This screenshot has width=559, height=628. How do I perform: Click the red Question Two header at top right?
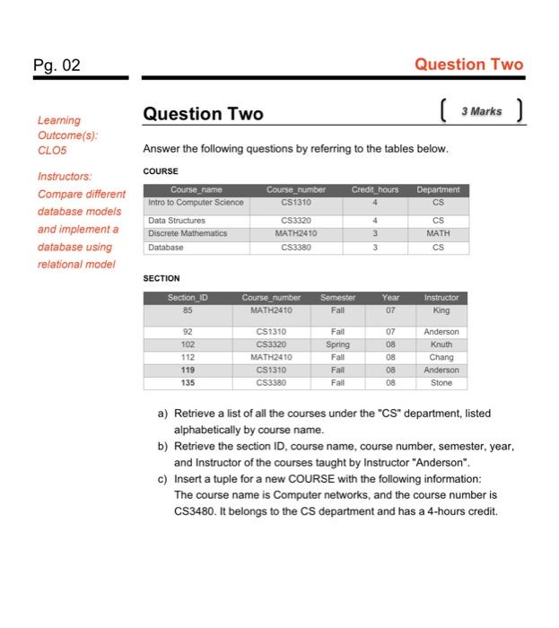pos(469,64)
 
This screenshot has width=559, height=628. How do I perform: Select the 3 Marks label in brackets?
pos(481,112)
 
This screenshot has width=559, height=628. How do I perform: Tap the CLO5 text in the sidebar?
pos(52,152)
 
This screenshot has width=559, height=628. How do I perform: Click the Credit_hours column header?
pos(374,189)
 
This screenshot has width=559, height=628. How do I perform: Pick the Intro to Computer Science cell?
pos(196,202)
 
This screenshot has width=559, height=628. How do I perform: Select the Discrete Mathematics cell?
pos(188,232)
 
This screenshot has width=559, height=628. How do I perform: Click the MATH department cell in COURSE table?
pos(437,232)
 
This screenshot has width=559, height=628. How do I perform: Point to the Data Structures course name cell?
pos(177,219)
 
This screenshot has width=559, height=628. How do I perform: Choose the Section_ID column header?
pos(187,297)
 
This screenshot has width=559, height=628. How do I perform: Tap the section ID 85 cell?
pos(187,310)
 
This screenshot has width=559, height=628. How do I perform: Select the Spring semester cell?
pos(337,344)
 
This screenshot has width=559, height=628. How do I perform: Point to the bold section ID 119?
pos(187,369)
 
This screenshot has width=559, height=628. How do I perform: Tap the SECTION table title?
pos(162,278)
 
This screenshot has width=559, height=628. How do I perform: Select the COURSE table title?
pos(161,170)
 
